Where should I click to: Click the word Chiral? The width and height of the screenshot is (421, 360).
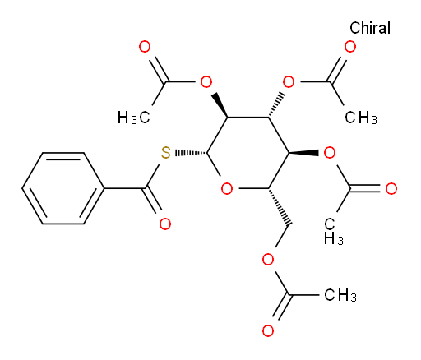[370, 28]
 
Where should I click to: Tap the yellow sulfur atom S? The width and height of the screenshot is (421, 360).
[165, 153]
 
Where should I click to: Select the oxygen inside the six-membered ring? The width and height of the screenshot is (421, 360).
[227, 189]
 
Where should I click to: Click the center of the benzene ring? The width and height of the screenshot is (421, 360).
[63, 188]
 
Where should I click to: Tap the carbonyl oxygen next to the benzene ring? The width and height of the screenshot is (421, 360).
[165, 224]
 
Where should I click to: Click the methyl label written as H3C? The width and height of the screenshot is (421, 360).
[134, 118]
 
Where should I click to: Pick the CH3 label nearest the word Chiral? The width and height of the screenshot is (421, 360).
[361, 118]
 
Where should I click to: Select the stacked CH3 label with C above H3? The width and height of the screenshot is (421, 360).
[333, 232]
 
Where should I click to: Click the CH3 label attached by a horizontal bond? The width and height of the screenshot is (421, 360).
[340, 295]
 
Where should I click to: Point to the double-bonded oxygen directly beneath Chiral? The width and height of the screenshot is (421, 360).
[350, 47]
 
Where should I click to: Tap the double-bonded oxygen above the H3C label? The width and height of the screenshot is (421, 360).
[145, 47]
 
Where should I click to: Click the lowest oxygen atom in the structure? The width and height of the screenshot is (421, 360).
[268, 330]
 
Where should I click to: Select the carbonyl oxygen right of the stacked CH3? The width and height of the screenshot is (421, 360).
[391, 189]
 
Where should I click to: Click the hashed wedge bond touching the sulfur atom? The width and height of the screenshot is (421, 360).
[191, 153]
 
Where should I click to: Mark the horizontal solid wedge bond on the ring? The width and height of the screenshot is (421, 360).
[303, 153]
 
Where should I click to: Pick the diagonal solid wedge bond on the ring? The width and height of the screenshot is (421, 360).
[220, 105]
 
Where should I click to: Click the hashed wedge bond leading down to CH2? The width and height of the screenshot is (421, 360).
[279, 206]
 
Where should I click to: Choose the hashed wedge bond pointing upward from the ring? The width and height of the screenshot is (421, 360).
[275, 105]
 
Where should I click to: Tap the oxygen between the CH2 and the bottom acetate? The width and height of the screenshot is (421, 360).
[268, 260]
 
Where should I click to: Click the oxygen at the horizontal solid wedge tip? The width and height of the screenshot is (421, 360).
[330, 153]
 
